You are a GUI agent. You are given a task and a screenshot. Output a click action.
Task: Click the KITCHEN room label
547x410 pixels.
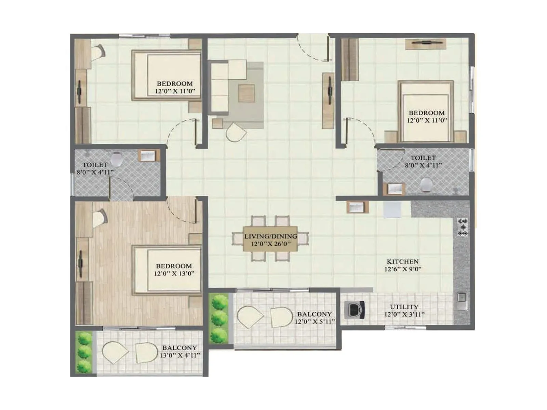pyautogui.click(x=403, y=261)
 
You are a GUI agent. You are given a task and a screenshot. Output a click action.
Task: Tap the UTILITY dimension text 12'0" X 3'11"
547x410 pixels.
pyautogui.click(x=404, y=314)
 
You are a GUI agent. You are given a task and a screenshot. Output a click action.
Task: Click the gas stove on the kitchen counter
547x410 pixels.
pyautogui.click(x=463, y=227)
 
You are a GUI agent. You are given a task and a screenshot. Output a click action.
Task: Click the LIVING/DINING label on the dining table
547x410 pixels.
pyautogui.click(x=270, y=236)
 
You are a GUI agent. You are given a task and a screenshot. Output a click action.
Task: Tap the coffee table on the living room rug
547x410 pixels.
pyautogui.click(x=246, y=93)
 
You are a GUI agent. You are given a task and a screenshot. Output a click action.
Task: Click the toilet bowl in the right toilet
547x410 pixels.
pyautogui.click(x=426, y=185)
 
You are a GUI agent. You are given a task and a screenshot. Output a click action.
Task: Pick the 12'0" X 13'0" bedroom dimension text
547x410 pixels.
pyautogui.click(x=174, y=273)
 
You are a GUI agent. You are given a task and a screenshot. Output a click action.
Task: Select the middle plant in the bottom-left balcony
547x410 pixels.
pyautogui.click(x=84, y=352)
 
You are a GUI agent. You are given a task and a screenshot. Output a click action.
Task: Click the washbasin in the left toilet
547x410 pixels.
pyautogui.click(x=149, y=156)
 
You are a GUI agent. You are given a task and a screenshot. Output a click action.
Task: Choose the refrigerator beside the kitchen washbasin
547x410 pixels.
pyautogui.click(x=392, y=209)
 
